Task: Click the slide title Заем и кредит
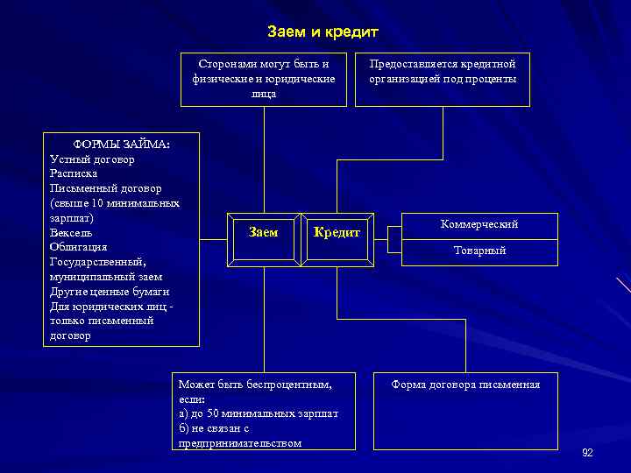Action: (323, 32)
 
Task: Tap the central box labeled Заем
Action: (263, 232)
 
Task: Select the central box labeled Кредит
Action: (337, 232)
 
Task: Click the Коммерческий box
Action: (479, 224)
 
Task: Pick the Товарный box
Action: (479, 251)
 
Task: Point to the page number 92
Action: (587, 452)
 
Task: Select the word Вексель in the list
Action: (71, 232)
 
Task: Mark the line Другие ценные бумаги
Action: (110, 291)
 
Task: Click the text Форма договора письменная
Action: (465, 385)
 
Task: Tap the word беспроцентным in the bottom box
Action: (291, 385)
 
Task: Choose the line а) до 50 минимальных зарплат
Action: (258, 413)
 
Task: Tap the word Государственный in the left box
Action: (97, 262)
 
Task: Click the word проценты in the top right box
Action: (493, 79)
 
